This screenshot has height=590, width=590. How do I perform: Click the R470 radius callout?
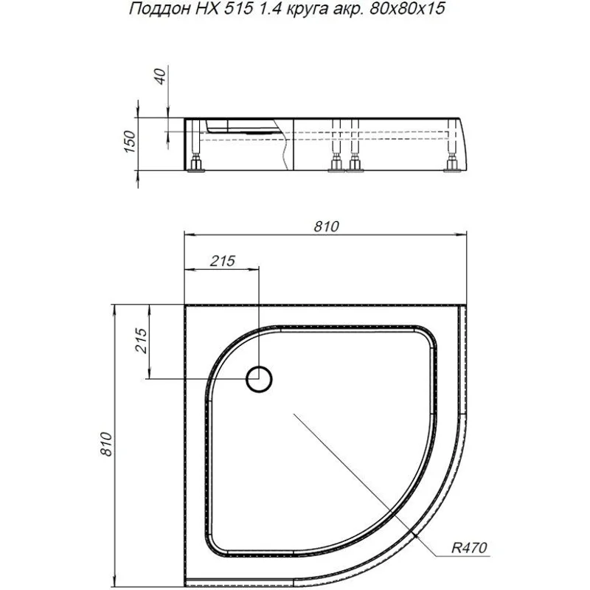click(469, 549)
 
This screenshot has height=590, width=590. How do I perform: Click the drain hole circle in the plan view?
click(260, 379)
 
